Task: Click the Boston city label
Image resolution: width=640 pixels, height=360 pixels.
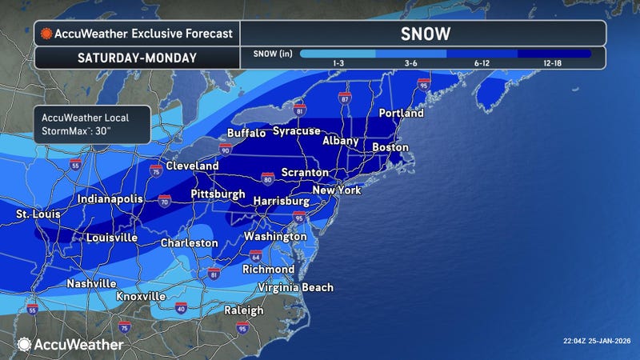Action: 390,147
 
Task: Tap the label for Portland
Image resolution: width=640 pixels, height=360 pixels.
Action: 401,114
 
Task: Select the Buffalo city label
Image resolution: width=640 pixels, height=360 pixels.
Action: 246,133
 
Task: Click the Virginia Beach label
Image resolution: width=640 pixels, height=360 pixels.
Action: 294,287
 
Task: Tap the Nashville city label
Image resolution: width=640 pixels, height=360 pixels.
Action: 70,283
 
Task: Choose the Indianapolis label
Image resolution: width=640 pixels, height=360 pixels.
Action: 110,198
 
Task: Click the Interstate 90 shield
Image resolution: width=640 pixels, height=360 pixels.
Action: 226,150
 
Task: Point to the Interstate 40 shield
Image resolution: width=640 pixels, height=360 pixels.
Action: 181,307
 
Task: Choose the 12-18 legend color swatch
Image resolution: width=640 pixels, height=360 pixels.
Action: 554,54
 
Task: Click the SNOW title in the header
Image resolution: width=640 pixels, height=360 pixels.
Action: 423,34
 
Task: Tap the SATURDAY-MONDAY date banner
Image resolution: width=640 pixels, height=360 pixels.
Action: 136,58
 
